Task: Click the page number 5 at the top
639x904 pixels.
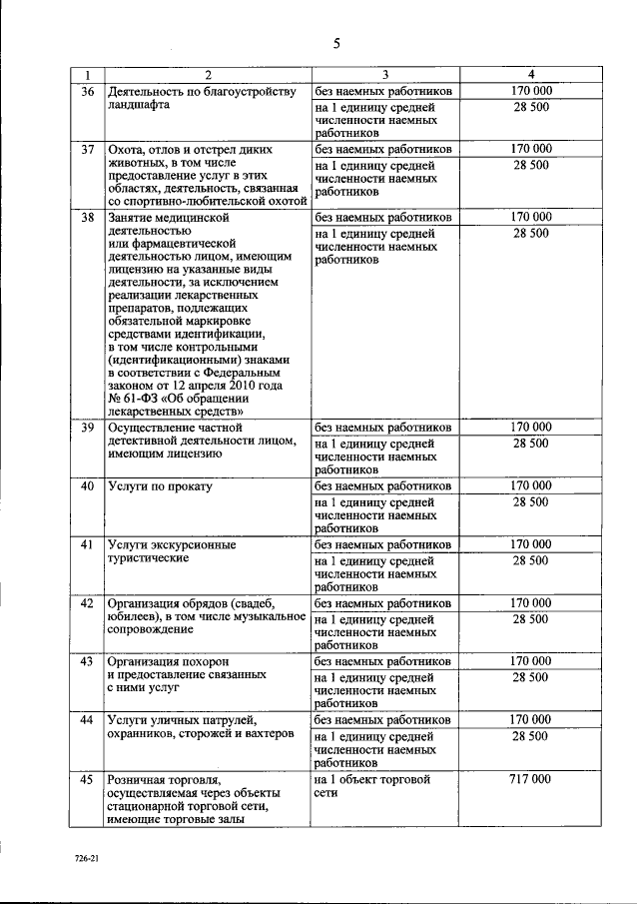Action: (x=336, y=43)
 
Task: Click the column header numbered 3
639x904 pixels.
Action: (x=384, y=76)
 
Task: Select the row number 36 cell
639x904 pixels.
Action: (x=88, y=91)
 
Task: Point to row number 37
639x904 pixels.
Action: (x=88, y=149)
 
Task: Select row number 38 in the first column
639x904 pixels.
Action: (x=88, y=216)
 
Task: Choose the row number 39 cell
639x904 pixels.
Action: (x=88, y=427)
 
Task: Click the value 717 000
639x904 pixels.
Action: (x=530, y=778)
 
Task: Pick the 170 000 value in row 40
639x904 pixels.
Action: (x=530, y=485)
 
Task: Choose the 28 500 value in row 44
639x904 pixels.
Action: (x=530, y=735)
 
